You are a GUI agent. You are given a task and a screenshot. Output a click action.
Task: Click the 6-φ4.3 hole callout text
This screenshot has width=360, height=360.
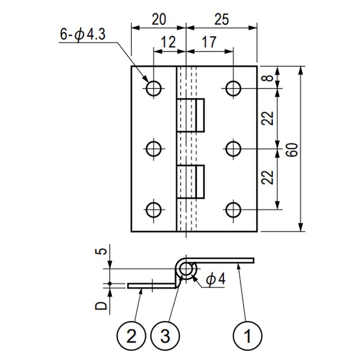(82, 35)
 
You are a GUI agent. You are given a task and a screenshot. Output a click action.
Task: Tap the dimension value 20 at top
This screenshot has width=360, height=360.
(158, 19)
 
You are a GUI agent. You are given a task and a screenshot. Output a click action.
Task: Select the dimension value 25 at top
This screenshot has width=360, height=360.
(221, 19)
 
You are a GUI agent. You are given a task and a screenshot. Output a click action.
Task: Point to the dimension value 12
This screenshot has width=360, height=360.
(168, 43)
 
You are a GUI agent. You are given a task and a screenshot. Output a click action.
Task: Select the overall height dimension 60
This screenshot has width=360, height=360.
(292, 149)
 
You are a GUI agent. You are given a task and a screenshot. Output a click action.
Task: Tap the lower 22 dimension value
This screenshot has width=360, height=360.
(268, 178)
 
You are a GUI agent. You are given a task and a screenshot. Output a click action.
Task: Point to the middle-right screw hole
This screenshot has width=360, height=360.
(233, 148)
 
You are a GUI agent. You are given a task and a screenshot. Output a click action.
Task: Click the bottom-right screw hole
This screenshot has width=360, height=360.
(233, 209)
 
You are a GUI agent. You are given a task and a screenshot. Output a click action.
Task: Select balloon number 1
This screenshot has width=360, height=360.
(247, 336)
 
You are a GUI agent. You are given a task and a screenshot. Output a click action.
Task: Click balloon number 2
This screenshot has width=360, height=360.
(131, 336)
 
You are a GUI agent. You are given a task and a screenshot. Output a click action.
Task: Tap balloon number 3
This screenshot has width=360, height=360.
(165, 336)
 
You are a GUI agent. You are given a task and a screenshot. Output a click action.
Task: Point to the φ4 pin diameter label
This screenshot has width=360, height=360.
(216, 279)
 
